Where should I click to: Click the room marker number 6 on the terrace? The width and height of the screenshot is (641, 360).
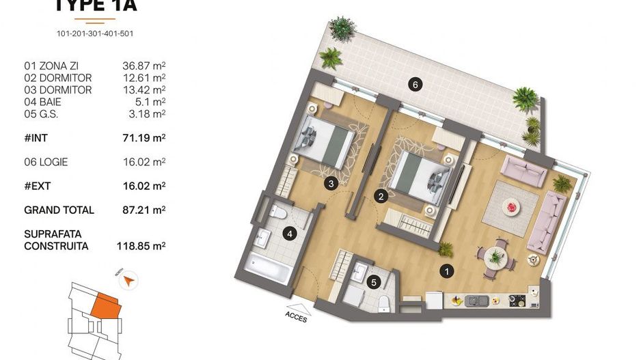[x=413, y=85]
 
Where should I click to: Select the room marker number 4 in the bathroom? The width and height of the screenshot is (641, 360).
[x=290, y=234]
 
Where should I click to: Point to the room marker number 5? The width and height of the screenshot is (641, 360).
[x=373, y=281]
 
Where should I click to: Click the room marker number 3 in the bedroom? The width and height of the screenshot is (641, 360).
[x=331, y=183]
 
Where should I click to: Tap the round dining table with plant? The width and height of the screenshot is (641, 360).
[x=494, y=257]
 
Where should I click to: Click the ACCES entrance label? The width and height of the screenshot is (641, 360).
[x=295, y=317]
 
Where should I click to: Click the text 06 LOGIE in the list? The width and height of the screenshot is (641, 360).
[x=46, y=162]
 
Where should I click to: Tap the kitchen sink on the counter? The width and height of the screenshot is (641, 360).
[x=478, y=300]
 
